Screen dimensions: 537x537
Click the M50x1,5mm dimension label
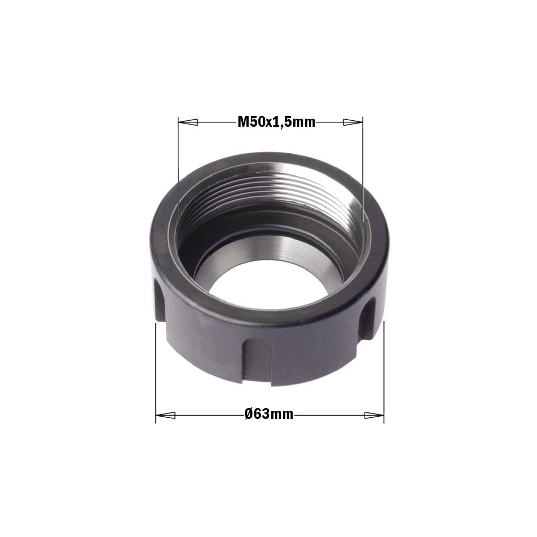pyautogui.click(x=277, y=121)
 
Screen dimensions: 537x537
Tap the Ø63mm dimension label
pyautogui.click(x=269, y=414)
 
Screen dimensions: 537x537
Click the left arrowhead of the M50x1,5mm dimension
pyautogui.click(x=188, y=122)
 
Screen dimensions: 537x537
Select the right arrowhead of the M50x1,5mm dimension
pyautogui.click(x=353, y=122)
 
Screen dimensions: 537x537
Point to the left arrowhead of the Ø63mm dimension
pyautogui.click(x=165, y=416)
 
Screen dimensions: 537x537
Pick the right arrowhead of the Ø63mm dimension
pyautogui.click(x=374, y=416)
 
